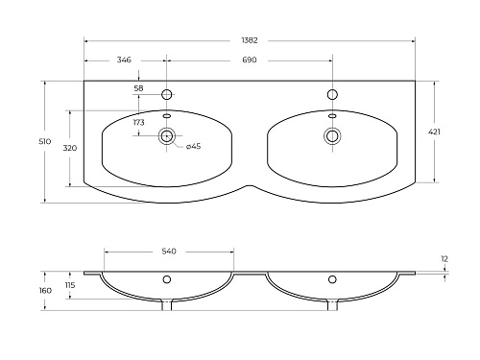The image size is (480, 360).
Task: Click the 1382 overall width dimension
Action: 250,40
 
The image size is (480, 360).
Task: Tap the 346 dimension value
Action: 124,60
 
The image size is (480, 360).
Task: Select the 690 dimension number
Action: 250,60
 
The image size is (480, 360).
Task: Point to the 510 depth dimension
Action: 45,141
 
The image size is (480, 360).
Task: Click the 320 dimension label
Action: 70,148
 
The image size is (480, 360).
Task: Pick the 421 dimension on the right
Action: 434,132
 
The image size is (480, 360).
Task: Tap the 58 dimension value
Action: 138,88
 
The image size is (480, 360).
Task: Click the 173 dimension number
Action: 139,122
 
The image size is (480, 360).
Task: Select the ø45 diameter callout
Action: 193,146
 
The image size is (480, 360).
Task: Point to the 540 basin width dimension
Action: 169,252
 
